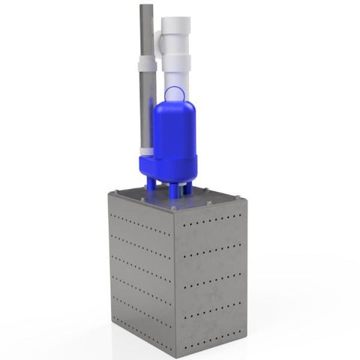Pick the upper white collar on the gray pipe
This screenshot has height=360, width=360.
point(147,61)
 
